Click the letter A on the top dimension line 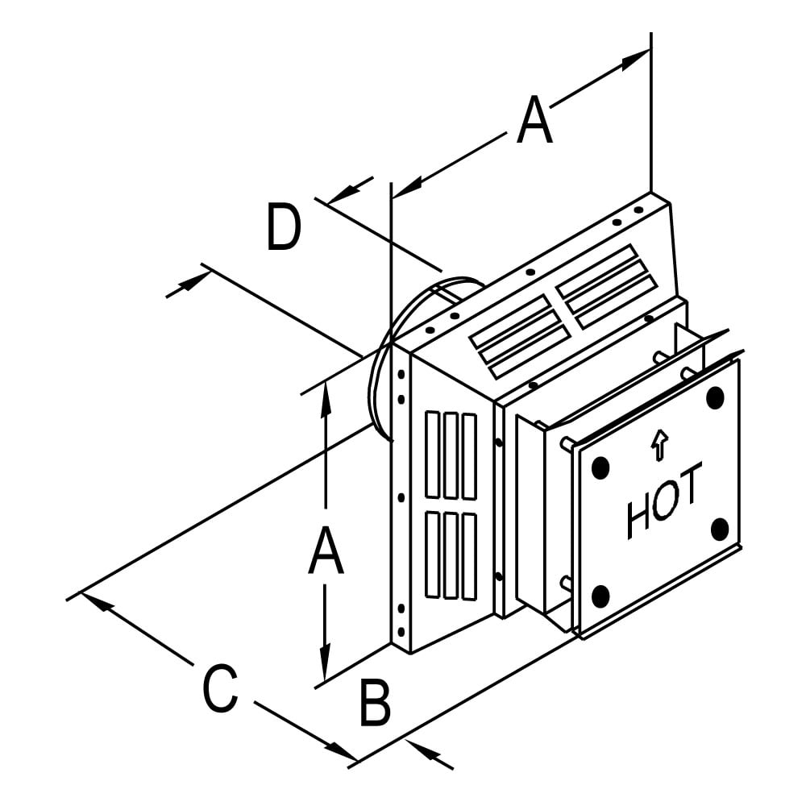pos(534,119)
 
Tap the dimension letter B pos(376,703)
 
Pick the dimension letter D pos(284,227)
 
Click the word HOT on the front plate pos(663,501)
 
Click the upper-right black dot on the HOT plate pos(715,397)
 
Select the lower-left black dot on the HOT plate pos(600,596)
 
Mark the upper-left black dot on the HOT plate pos(600,467)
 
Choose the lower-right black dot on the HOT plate pos(720,529)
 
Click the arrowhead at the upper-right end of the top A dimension pos(635,60)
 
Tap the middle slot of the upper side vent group pos(451,455)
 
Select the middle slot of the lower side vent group pos(451,555)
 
